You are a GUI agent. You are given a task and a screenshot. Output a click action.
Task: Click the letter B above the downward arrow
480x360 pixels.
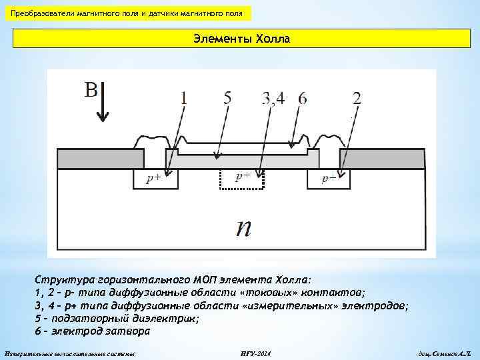point(91,89)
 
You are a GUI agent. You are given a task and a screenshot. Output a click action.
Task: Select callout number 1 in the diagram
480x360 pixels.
point(183,99)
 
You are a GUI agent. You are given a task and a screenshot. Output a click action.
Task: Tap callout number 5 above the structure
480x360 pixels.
point(228,98)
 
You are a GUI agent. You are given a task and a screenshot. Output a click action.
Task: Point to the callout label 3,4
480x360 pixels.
point(273,99)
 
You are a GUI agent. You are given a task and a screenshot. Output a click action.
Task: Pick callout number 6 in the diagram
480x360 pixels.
point(303,99)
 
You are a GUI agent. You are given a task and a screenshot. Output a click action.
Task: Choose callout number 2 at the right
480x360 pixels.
point(357,99)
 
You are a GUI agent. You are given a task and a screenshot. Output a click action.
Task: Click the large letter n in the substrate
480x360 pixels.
point(244,228)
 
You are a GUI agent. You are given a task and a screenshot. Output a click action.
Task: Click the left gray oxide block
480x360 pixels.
point(101,159)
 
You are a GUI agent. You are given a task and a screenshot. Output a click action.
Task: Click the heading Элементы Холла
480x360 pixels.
point(242,39)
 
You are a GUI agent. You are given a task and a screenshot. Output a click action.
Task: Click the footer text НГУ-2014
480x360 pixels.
point(255,352)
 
